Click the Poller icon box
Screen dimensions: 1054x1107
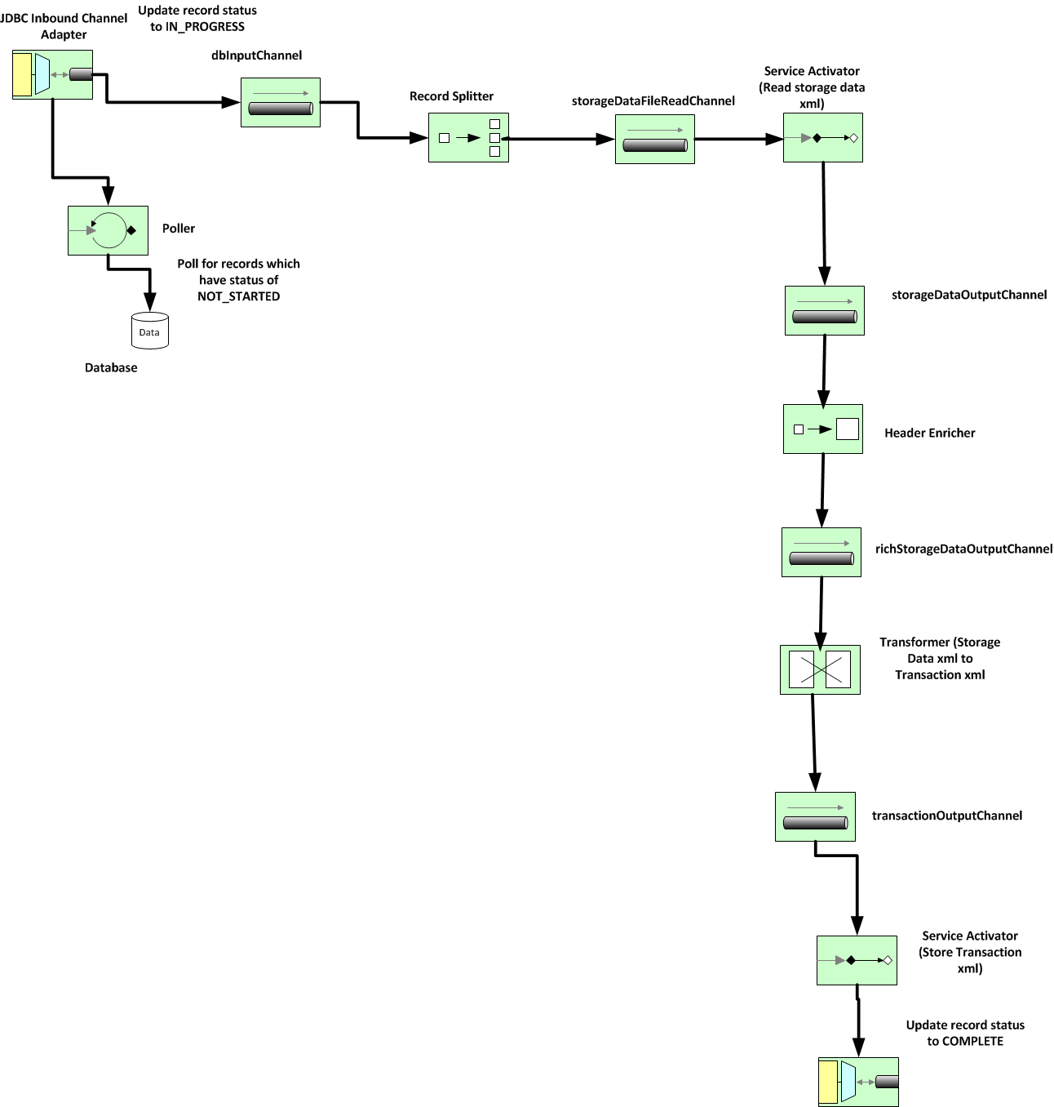coord(108,230)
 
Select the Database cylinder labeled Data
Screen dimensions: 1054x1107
coord(149,331)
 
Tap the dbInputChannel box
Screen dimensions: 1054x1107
coord(281,103)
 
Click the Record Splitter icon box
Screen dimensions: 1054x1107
coord(468,138)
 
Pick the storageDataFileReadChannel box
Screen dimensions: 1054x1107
coord(654,139)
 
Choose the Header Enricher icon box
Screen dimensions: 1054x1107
coord(822,429)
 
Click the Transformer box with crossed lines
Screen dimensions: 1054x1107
coord(820,669)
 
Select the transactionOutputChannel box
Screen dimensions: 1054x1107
coord(815,817)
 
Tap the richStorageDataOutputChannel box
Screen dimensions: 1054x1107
coord(821,553)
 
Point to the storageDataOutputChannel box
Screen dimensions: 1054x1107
coord(825,311)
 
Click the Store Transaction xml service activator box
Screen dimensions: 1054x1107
coord(857,961)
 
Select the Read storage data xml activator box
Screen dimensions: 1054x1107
coord(822,138)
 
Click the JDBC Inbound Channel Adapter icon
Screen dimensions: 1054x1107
coord(52,75)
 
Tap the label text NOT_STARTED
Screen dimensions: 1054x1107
coord(238,296)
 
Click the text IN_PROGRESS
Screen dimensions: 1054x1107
coord(205,27)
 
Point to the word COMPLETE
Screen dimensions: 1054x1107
coord(972,1041)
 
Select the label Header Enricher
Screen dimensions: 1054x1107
coord(930,433)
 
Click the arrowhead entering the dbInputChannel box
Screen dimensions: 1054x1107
coord(232,103)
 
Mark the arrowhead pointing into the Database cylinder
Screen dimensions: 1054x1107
coord(149,302)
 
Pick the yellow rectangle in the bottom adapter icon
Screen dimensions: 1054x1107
coord(828,1082)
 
